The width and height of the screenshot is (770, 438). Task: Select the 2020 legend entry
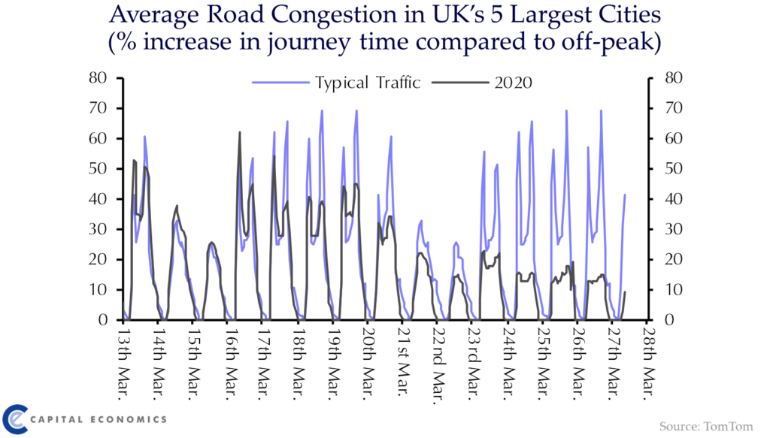coord(513,83)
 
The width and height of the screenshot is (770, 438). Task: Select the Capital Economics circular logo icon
coord(15,418)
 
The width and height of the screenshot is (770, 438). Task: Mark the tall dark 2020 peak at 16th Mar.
coord(239,134)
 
